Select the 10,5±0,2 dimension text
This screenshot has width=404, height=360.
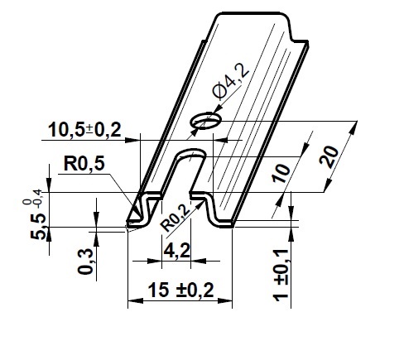coord(84,130)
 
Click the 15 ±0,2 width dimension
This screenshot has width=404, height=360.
coord(180,290)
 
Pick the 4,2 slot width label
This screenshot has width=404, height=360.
coord(176,251)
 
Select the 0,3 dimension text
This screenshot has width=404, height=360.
coord(85,262)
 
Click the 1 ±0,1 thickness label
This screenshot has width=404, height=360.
coord(281,276)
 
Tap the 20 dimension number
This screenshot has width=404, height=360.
coord(329,156)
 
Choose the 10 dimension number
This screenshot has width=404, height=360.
coord(281,174)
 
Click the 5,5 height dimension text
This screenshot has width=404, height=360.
coord(38,226)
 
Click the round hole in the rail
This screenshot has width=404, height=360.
coord(206,120)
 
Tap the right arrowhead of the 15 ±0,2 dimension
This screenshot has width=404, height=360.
coord(224,300)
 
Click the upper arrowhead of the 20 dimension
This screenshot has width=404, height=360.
coord(354,127)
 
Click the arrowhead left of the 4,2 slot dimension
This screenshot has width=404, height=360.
coord(154,261)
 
